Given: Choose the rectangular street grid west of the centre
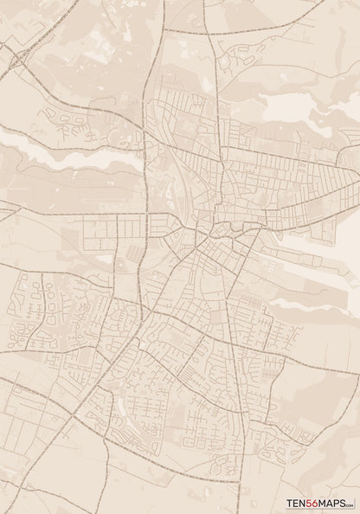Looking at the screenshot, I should coord(112,229).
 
